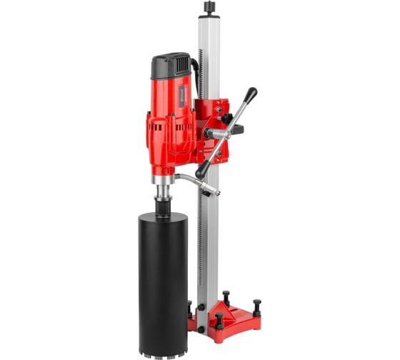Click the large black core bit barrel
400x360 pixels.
click(163, 271)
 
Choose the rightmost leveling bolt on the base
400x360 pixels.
click(256, 306)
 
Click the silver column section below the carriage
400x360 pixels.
click(206, 236)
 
